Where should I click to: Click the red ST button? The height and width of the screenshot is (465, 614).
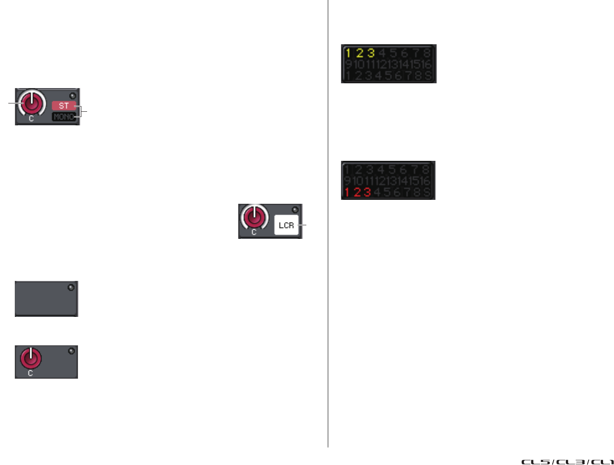coord(64,106)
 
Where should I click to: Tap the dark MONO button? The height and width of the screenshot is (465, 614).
coord(64,117)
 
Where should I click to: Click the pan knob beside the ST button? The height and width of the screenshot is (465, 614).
coord(31,103)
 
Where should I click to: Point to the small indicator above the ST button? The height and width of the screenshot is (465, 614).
coord(73,96)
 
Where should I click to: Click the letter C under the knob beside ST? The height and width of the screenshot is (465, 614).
coord(31,119)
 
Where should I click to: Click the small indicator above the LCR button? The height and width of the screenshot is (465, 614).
coord(295,210)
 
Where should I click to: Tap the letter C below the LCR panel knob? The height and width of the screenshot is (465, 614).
coord(254,232)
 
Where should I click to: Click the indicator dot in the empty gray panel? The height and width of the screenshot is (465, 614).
coord(71,288)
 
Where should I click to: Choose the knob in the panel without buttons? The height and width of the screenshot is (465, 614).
coord(31,359)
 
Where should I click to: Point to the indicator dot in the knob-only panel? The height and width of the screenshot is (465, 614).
coord(71,351)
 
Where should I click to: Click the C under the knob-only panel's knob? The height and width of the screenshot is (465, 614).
coord(30,373)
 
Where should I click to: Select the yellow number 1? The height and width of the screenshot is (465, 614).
coord(348,53)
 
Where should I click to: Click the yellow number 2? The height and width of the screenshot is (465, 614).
coord(360,53)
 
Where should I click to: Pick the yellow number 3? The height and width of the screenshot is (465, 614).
coord(371,53)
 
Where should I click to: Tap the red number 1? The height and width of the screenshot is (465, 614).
coord(347,192)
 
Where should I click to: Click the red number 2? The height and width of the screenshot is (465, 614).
coord(358,192)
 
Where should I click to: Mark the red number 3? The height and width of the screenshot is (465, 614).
coord(367,192)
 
